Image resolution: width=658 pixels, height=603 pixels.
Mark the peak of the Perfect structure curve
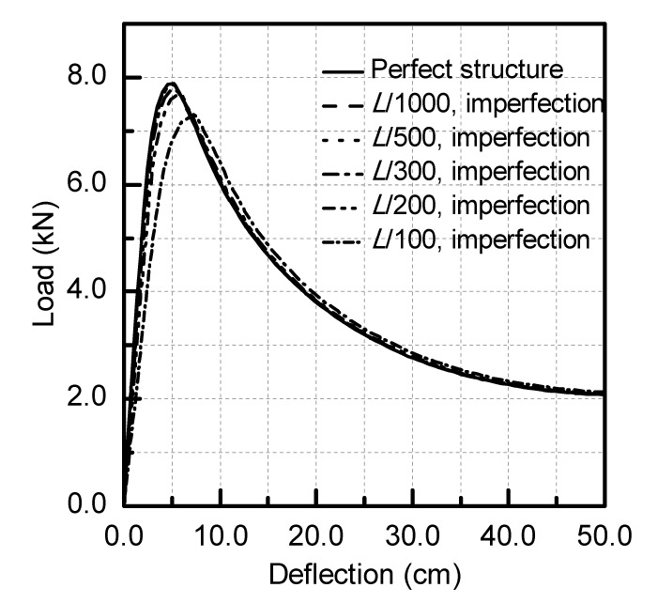click(x=170, y=84)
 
